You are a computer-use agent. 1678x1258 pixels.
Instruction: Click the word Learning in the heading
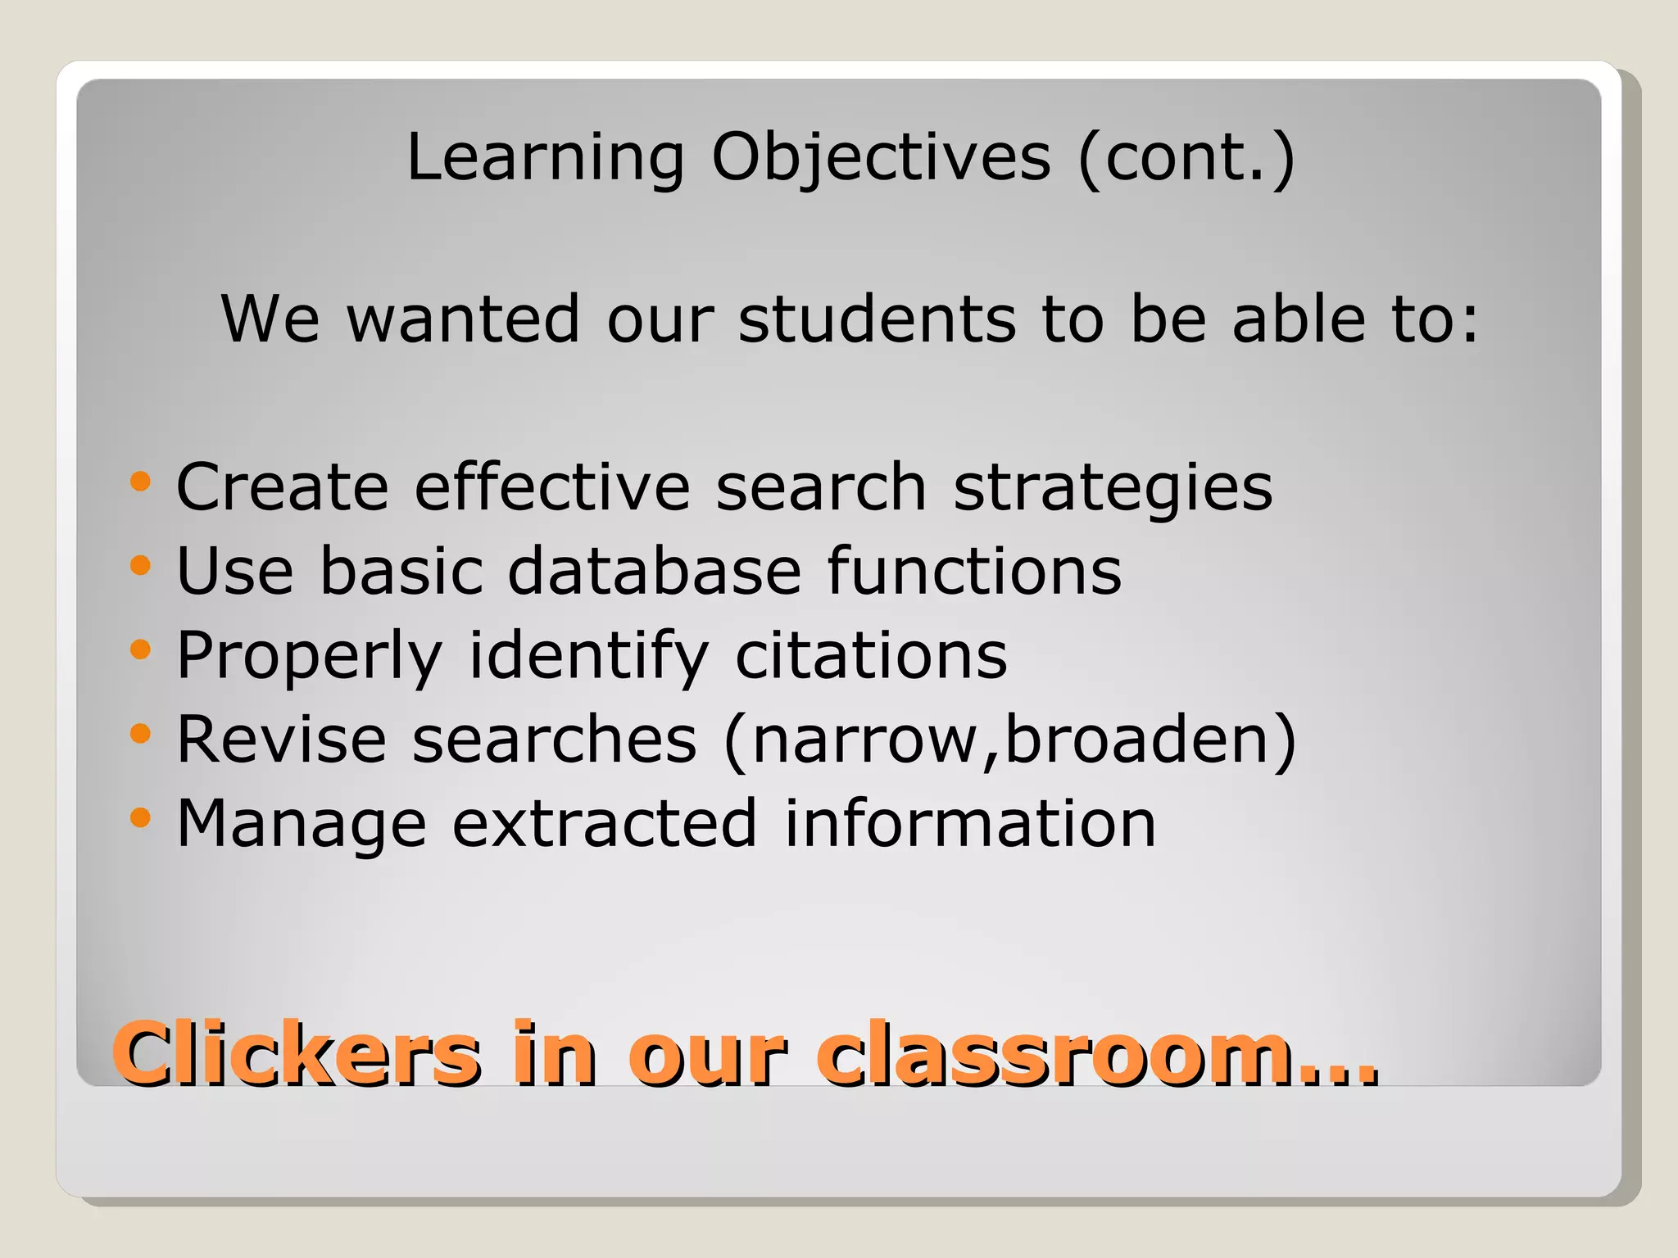[x=545, y=157]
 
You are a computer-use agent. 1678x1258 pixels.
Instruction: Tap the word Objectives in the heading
[x=881, y=157]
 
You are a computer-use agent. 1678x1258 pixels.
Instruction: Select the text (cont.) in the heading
[x=1186, y=157]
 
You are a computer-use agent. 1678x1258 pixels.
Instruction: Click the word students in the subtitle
[x=877, y=319]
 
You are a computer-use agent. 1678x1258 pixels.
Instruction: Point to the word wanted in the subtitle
[x=464, y=319]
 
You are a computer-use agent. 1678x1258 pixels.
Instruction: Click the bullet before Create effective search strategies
[x=141, y=482]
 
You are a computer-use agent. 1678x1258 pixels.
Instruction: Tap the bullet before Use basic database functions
[x=141, y=565]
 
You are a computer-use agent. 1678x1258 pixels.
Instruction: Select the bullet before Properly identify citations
[x=141, y=650]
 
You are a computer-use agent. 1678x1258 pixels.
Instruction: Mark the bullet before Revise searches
[x=141, y=734]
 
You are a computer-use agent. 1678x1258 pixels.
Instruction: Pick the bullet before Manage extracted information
[x=141, y=817]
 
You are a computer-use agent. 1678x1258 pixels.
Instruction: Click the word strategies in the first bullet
[x=1113, y=488]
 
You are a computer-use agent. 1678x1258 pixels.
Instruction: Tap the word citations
[x=871, y=655]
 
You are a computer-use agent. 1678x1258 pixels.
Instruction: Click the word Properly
[x=310, y=657]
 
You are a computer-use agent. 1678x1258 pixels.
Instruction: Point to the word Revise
[x=281, y=739]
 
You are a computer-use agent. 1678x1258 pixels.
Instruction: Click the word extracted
[x=605, y=823]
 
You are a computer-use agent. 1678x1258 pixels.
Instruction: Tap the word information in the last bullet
[x=970, y=823]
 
